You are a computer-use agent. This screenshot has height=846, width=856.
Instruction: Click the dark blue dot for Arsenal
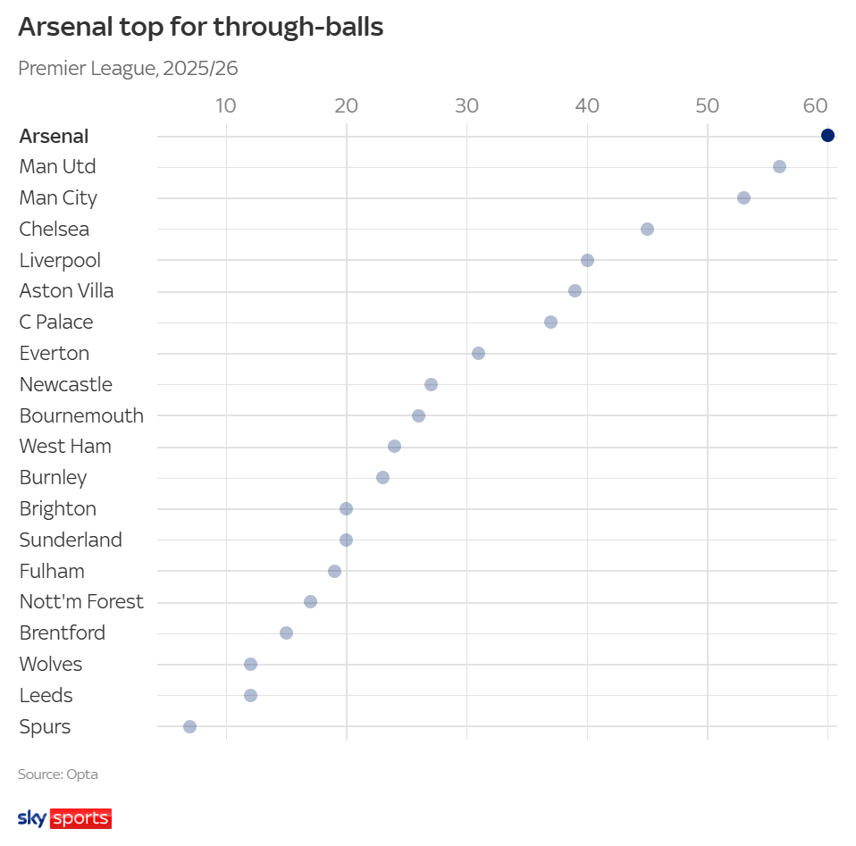pyautogui.click(x=827, y=136)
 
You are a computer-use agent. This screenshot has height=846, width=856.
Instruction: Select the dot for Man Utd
pyautogui.click(x=779, y=167)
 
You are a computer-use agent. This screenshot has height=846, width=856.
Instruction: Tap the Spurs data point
pyautogui.click(x=189, y=726)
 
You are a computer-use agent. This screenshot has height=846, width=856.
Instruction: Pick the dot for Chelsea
pyautogui.click(x=647, y=229)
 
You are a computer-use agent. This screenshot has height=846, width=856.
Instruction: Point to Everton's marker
pyautogui.click(x=478, y=354)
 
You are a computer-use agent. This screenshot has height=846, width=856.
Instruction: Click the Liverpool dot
pyautogui.click(x=587, y=260)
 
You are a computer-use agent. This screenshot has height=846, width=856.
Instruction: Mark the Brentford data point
pyautogui.click(x=286, y=632)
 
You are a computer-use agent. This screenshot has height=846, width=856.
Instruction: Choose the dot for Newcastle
pyautogui.click(x=431, y=384)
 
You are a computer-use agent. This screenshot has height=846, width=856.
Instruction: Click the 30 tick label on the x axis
pyautogui.click(x=466, y=105)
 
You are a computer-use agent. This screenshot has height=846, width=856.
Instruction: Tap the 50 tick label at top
pyautogui.click(x=707, y=105)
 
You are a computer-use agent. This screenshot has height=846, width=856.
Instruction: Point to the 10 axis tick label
pyautogui.click(x=226, y=105)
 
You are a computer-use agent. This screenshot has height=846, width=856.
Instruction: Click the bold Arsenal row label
pyautogui.click(x=54, y=137)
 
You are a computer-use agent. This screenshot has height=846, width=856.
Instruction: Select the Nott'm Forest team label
pyautogui.click(x=81, y=602)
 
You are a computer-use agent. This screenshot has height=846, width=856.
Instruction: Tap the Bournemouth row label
pyautogui.click(x=81, y=415)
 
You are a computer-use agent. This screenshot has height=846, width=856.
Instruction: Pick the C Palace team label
pyautogui.click(x=56, y=322)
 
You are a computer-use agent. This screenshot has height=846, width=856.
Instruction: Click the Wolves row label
pyautogui.click(x=51, y=665)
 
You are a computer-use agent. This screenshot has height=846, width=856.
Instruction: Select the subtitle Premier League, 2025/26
pyautogui.click(x=128, y=68)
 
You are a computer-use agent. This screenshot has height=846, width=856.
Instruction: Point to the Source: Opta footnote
pyautogui.click(x=58, y=775)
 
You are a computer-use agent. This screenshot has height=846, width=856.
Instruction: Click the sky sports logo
pyautogui.click(x=64, y=817)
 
